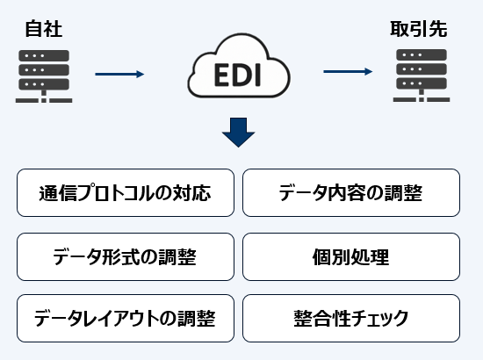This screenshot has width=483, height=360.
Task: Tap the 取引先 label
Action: click(x=418, y=29)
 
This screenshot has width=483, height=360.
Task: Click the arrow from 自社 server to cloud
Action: click(x=119, y=75)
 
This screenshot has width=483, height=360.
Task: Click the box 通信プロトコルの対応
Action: click(x=126, y=192)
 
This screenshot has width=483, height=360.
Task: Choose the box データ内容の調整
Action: click(x=350, y=192)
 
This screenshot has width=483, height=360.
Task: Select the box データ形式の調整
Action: click(x=126, y=256)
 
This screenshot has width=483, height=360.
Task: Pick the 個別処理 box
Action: click(x=350, y=256)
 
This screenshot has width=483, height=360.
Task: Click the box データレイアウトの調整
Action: click(x=126, y=317)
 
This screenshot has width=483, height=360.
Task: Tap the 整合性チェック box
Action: click(x=350, y=317)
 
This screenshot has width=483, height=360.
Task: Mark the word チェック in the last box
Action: click(x=378, y=317)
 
